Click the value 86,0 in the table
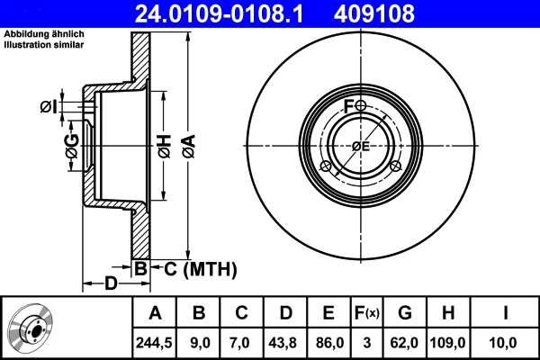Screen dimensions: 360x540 click(x=329, y=342)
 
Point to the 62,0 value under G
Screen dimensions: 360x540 click(x=406, y=342)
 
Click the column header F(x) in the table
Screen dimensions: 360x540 click(x=367, y=313)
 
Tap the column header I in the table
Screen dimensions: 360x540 click(x=506, y=313)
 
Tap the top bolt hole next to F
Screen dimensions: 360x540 click(x=361, y=106)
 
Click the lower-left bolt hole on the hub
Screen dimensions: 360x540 click(x=326, y=165)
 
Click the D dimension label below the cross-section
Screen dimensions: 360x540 click(x=109, y=283)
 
